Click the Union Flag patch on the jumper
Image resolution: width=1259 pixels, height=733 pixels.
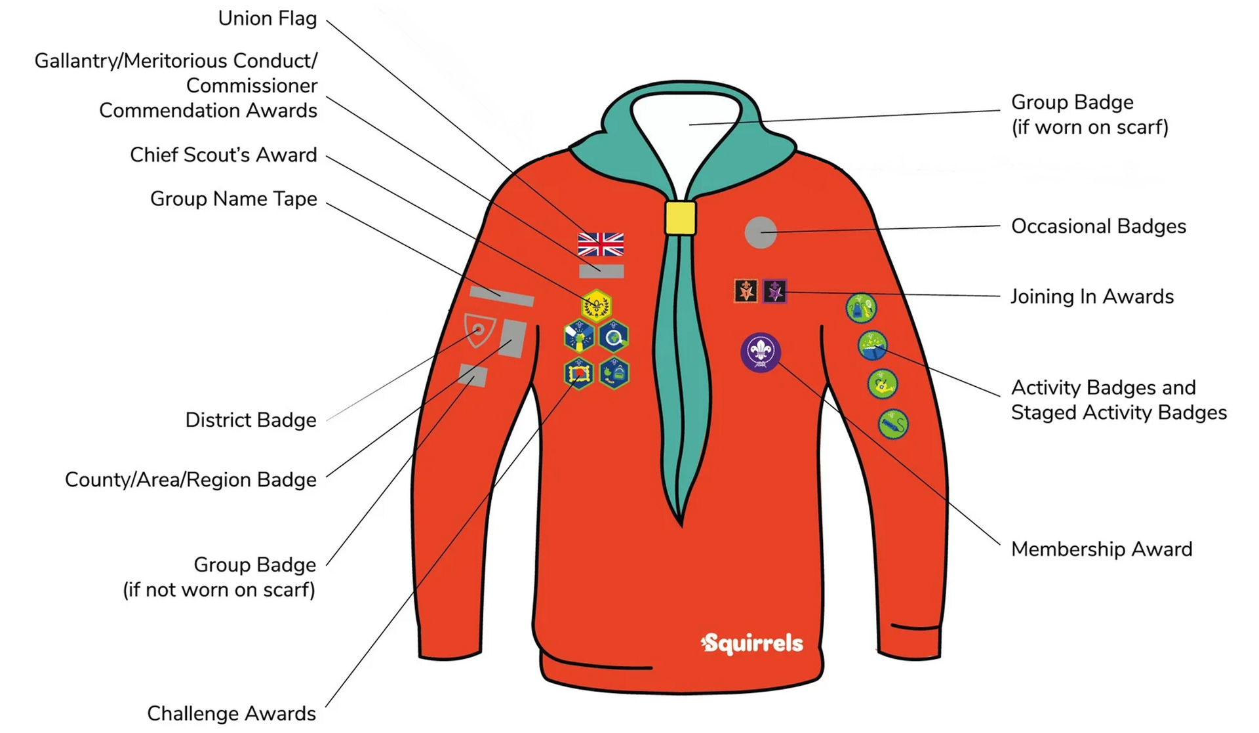601,244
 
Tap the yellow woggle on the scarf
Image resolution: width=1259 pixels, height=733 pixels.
680,218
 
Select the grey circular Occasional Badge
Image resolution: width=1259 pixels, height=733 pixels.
761,232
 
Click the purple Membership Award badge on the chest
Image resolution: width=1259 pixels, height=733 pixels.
761,352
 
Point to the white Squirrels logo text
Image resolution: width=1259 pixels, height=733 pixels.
751,643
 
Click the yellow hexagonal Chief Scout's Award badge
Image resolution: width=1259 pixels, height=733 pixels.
596,305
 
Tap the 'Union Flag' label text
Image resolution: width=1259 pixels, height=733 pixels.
268,18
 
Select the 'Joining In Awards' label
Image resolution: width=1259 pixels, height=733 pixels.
1092,296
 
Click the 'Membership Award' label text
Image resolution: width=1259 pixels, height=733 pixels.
1102,549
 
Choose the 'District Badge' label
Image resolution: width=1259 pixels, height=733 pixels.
250,420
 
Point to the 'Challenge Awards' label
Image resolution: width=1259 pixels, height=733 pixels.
231,713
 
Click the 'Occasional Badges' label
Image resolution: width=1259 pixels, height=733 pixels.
1098,226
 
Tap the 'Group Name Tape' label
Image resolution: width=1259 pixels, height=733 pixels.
233,199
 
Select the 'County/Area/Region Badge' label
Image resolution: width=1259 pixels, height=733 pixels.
191,480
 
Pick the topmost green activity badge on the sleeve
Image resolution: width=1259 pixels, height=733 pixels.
861,307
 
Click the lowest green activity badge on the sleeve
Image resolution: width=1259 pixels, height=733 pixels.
893,424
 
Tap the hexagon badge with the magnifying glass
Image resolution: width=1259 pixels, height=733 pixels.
614,336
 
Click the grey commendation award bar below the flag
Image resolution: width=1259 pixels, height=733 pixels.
601,271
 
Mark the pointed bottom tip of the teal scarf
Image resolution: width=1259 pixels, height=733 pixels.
681,525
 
